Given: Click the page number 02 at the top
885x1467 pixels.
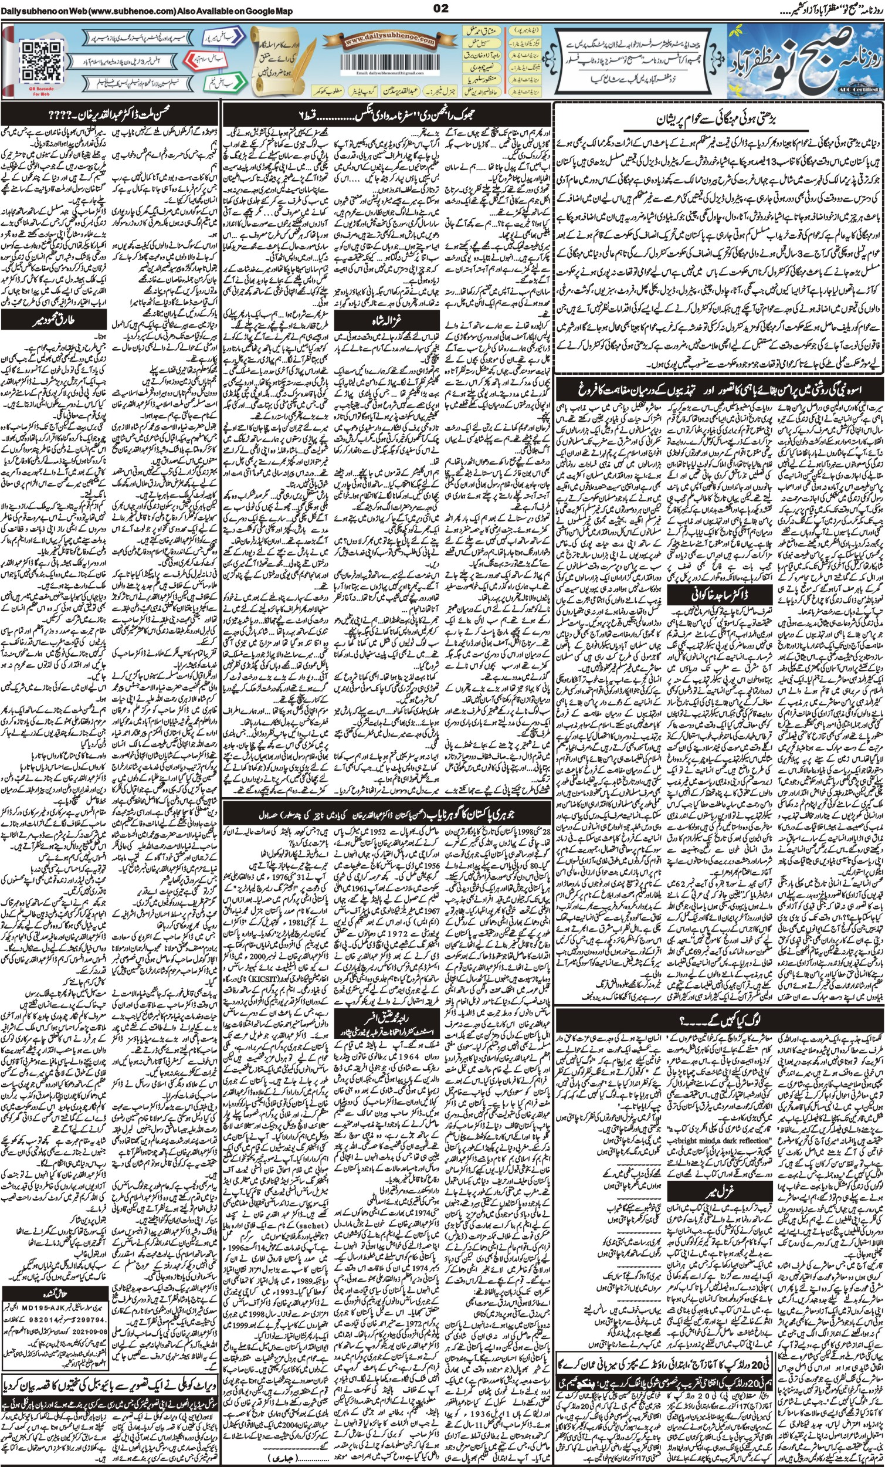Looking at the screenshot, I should pyautogui.click(x=442, y=8).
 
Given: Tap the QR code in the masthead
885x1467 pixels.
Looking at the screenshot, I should pyautogui.click(x=41, y=63).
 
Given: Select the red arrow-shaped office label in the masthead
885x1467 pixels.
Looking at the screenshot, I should pyautogui.click(x=205, y=60).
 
